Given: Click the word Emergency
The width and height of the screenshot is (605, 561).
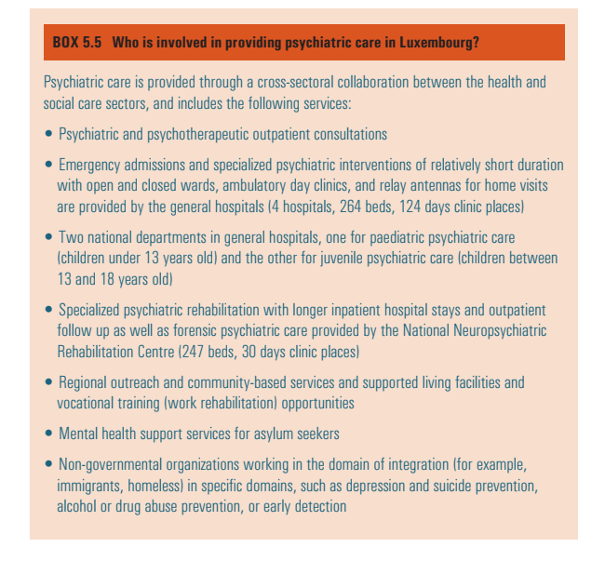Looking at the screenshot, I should tap(93, 165).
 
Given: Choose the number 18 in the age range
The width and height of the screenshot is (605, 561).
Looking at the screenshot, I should tap(115, 278).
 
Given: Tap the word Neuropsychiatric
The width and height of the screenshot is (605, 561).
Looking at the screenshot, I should tap(497, 330).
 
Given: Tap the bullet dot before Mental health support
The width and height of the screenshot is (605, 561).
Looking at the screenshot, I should tap(49, 434).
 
